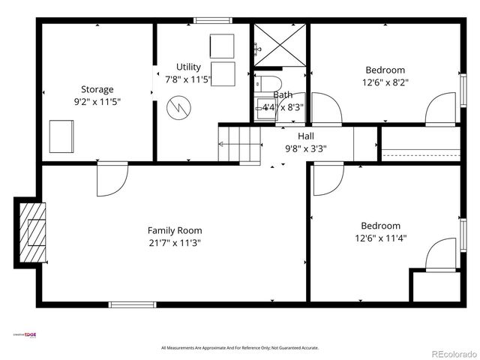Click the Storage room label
click(x=97, y=89)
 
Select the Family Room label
click(x=174, y=230)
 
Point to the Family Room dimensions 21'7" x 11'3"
click(x=174, y=242)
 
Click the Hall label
click(x=305, y=136)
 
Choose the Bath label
click(x=283, y=95)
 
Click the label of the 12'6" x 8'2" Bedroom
click(x=385, y=70)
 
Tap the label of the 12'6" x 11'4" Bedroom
click(x=380, y=226)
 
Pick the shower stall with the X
click(x=279, y=45)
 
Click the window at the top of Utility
click(x=212, y=19)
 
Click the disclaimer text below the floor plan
click(x=240, y=348)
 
